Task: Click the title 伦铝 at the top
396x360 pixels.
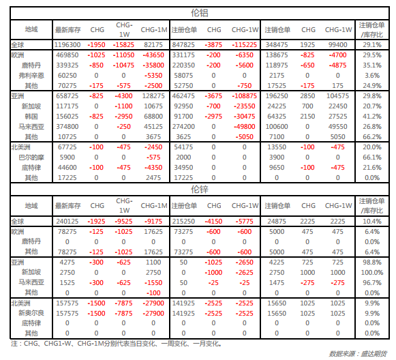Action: pyautogui.click(x=200, y=13)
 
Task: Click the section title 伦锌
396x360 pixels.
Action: pyautogui.click(x=200, y=190)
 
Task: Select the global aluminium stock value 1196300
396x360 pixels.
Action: pyautogui.click(x=67, y=45)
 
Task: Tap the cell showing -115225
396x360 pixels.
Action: pyautogui.click(x=245, y=45)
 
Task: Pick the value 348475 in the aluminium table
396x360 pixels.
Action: pyautogui.click(x=277, y=45)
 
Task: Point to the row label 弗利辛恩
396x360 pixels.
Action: pyautogui.click(x=31, y=76)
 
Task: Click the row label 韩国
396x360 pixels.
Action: pyautogui.click(x=31, y=117)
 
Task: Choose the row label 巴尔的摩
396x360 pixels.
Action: pyautogui.click(x=31, y=157)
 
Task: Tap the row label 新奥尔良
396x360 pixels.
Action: pyautogui.click(x=31, y=313)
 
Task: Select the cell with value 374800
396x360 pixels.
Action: pyautogui.click(x=67, y=127)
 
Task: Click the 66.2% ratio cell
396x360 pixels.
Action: pyautogui.click(x=372, y=137)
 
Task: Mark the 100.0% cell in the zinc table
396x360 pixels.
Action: pyautogui.click(x=372, y=273)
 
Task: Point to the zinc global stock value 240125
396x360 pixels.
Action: pyautogui.click(x=67, y=222)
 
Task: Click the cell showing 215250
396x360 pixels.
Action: pyautogui.click(x=183, y=222)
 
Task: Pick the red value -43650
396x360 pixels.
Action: pyautogui.click(x=153, y=55)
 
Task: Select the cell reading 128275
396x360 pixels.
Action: pyautogui.click(x=153, y=96)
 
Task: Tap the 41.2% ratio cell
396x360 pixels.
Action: pyautogui.click(x=372, y=117)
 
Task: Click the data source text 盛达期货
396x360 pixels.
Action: pyautogui.click(x=374, y=353)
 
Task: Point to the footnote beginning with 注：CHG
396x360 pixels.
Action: pyautogui.click(x=116, y=344)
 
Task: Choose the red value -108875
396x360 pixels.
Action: pyautogui.click(x=245, y=96)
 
